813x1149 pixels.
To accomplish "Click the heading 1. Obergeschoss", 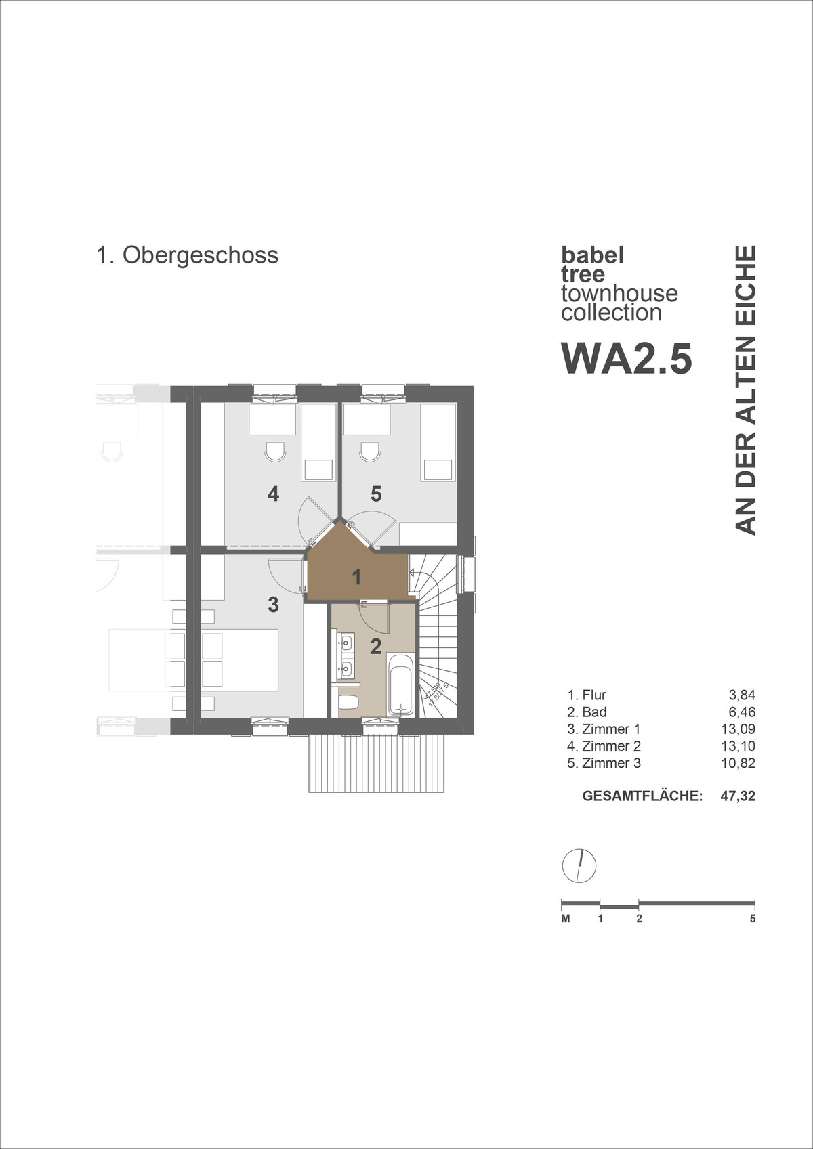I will (x=187, y=255).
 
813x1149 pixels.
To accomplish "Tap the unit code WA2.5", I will (x=627, y=359).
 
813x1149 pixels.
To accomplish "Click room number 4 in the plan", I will (x=273, y=494).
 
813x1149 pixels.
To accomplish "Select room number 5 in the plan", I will (x=376, y=494).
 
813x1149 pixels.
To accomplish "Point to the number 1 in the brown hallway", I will (x=356, y=578).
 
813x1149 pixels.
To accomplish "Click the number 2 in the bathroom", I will (x=376, y=647).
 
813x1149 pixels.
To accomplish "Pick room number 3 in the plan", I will (x=273, y=604).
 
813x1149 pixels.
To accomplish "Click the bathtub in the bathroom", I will (x=400, y=685).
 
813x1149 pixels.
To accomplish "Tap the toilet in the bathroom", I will (x=348, y=702).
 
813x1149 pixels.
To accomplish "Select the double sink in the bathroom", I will (x=346, y=655).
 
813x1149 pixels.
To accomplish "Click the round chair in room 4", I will (x=275, y=452).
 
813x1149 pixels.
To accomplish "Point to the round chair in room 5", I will (x=370, y=452).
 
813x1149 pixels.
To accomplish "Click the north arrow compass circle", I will (x=579, y=865).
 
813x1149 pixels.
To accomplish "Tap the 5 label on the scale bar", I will (x=753, y=919).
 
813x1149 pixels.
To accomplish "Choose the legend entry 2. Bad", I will (x=587, y=712).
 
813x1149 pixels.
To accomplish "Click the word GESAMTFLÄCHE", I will (x=642, y=796).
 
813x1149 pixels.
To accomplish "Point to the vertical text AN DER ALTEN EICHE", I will (x=745, y=390).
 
